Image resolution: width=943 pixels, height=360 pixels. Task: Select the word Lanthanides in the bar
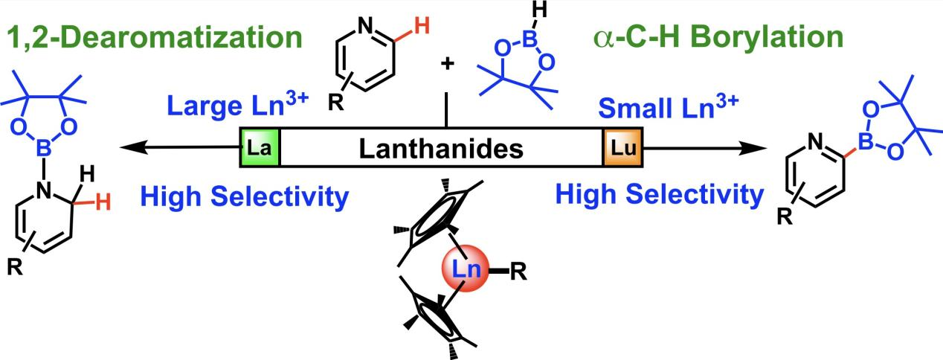click(x=441, y=149)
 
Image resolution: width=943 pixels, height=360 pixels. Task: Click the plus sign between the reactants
click(x=447, y=65)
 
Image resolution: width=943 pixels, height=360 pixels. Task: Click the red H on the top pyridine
click(x=421, y=28)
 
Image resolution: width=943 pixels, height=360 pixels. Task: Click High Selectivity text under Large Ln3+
click(x=244, y=196)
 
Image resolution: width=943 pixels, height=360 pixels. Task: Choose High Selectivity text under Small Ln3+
click(x=659, y=196)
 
